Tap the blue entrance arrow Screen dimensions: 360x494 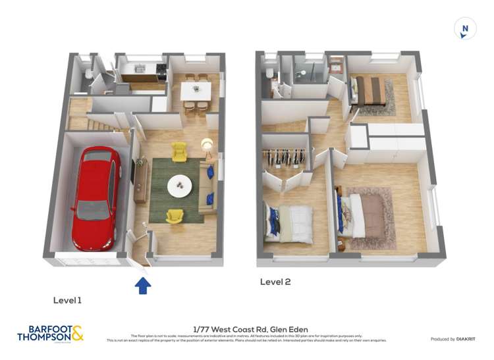tap(143, 285)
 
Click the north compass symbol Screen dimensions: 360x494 tap(465, 28)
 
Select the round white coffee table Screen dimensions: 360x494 tap(180, 186)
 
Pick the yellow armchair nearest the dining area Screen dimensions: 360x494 tap(179, 152)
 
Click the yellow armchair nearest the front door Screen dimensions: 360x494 tap(175, 215)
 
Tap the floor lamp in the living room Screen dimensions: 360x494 tap(207, 145)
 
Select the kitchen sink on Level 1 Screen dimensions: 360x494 tap(139, 68)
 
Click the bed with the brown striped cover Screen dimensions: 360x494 tap(370, 91)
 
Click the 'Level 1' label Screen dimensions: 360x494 tap(68, 300)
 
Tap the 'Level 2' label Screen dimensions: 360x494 tap(275, 282)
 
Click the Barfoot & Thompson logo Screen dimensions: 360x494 tap(50, 334)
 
